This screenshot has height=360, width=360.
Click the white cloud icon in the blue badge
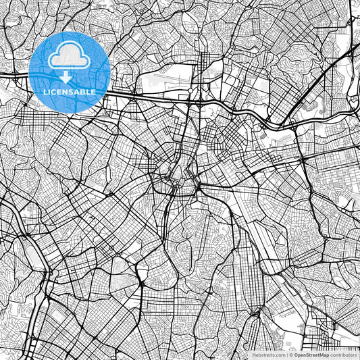pyautogui.click(x=70, y=56)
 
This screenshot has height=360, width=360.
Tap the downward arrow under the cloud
pyautogui.click(x=70, y=75)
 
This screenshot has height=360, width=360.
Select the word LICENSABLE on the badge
pyautogui.click(x=70, y=91)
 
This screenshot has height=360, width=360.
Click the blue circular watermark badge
pyautogui.click(x=70, y=72)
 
